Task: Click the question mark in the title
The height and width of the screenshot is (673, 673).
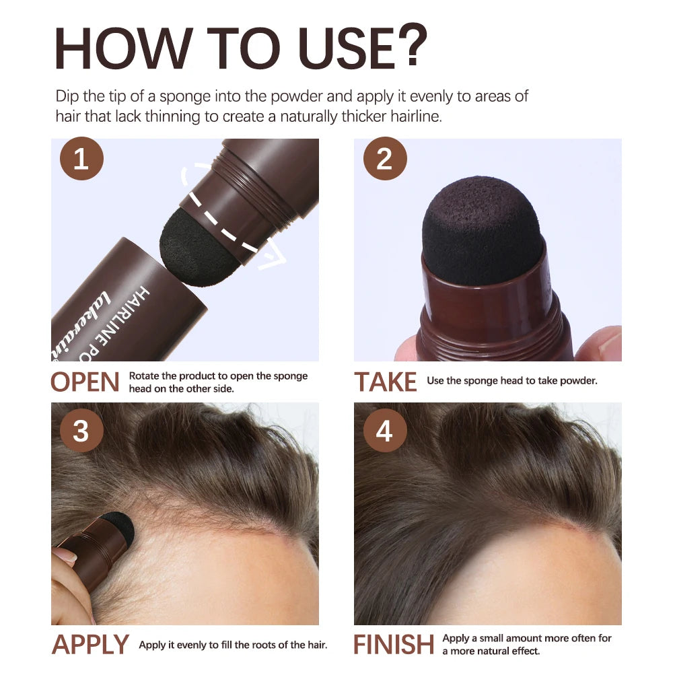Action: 408,46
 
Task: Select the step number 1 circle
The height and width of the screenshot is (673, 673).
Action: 81,161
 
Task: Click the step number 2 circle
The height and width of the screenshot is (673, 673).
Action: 384,161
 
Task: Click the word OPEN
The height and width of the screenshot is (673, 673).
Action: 85,382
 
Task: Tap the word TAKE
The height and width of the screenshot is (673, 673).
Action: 386,382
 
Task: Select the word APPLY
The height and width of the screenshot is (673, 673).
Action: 90,645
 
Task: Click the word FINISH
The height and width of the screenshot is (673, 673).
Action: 394,645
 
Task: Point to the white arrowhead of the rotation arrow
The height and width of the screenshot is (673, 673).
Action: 275,259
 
